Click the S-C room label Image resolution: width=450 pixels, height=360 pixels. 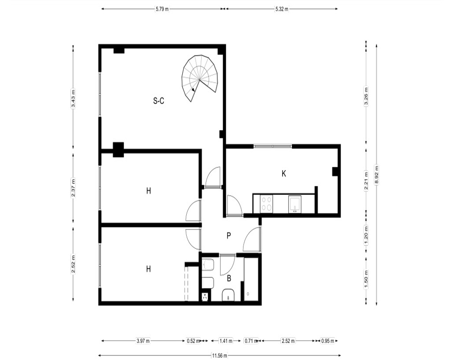159,101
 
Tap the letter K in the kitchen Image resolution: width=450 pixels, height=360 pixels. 284,174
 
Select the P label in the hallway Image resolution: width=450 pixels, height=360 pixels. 229,236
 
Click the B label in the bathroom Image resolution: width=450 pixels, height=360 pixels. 229,278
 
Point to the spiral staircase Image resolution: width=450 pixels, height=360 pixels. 199,78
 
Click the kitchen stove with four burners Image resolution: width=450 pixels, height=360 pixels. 266,204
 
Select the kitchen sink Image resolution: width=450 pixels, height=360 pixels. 295,204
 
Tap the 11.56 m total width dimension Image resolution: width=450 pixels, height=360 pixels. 220,355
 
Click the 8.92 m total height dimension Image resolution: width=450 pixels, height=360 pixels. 377,175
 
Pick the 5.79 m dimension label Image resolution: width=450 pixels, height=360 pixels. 162,9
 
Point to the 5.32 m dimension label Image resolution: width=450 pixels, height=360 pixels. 282,9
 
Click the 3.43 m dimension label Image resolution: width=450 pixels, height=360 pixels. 73,98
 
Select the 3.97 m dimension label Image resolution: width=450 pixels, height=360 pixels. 143,341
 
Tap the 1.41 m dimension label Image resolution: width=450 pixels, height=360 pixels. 226,341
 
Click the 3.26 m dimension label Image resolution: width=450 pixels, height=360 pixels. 366,96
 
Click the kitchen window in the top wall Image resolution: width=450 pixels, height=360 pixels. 273,146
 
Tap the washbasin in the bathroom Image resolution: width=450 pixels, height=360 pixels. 229,295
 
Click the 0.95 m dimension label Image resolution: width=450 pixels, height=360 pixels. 328,341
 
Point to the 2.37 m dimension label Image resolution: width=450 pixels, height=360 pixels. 73,188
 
